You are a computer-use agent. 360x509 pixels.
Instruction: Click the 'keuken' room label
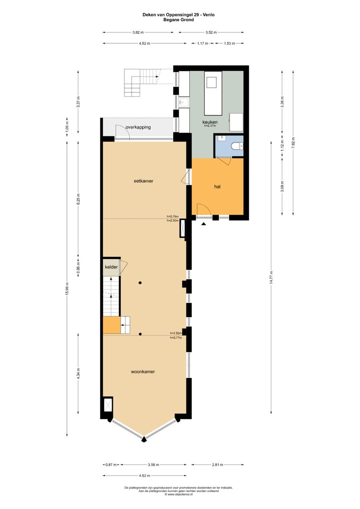(x=210, y=122)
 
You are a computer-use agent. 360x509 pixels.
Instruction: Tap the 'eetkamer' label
(x=144, y=181)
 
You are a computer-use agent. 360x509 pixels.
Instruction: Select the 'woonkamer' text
(x=143, y=371)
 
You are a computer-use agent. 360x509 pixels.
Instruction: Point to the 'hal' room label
(x=217, y=187)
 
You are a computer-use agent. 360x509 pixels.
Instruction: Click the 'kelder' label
(x=111, y=267)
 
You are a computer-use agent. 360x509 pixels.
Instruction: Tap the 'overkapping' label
(x=138, y=127)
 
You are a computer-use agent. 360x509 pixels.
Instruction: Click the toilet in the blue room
(x=237, y=146)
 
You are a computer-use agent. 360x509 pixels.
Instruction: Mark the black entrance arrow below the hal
(x=204, y=224)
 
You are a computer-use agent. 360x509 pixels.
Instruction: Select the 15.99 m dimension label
(x=67, y=289)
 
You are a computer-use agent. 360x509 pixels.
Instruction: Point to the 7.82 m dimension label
(x=293, y=143)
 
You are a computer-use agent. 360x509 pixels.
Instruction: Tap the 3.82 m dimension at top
(x=138, y=32)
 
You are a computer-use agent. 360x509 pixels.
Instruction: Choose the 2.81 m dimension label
(x=217, y=464)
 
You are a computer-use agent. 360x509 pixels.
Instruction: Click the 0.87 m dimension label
(x=111, y=464)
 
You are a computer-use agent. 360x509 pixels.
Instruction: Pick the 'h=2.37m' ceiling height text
(x=210, y=125)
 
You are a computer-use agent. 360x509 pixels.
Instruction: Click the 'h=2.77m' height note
(x=176, y=338)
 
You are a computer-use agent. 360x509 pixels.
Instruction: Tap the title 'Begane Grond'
(x=179, y=20)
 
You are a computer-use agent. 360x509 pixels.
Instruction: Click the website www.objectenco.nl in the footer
(x=179, y=494)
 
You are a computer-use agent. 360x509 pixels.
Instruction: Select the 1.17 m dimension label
(x=203, y=43)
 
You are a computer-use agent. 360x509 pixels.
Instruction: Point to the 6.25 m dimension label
(x=78, y=199)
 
